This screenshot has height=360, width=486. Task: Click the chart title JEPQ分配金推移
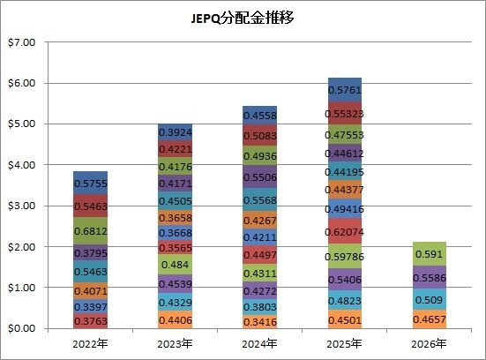point(242,18)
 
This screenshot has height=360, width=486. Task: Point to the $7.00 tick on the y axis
point(21,42)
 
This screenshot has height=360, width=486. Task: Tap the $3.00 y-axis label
point(21,206)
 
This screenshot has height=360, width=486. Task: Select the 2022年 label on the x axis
point(90,344)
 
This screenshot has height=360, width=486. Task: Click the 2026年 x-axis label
point(429,344)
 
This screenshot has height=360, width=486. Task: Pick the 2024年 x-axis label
point(259,344)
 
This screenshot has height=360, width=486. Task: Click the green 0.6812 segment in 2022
point(91,230)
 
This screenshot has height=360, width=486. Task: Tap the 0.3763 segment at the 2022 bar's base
point(91,320)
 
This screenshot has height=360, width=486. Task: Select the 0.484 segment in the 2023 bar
point(176,265)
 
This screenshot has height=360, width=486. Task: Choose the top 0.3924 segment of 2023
point(176,132)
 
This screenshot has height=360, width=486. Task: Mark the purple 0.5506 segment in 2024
point(259,176)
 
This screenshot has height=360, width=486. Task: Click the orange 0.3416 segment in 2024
point(259,321)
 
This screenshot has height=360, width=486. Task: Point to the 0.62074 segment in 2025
point(345,231)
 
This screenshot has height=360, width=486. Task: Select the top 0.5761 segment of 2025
point(345,90)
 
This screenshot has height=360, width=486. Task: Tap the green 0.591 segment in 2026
point(430,253)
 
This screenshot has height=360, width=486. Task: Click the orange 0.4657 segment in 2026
point(430,319)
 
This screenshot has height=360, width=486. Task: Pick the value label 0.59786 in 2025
point(345,257)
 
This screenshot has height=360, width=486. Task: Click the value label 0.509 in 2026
point(430,300)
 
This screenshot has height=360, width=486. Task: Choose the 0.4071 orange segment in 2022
point(91,291)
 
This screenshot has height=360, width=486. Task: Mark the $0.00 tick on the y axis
point(21,328)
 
